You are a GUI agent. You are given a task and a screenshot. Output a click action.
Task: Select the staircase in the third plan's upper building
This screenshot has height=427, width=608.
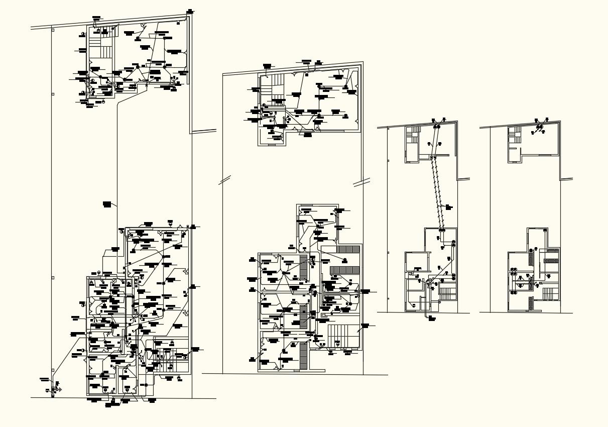[413, 136]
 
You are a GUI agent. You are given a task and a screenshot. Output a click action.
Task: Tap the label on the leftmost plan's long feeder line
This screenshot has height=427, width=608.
[106, 203]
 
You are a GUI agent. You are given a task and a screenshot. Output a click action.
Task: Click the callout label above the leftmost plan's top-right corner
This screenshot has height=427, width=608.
[189, 11]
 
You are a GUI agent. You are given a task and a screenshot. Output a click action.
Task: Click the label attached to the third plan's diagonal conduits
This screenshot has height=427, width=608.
[448, 206]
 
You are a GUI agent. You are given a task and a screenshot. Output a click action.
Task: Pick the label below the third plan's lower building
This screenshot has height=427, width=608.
[431, 318]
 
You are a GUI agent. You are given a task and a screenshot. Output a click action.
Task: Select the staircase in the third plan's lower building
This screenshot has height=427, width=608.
[446, 293]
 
